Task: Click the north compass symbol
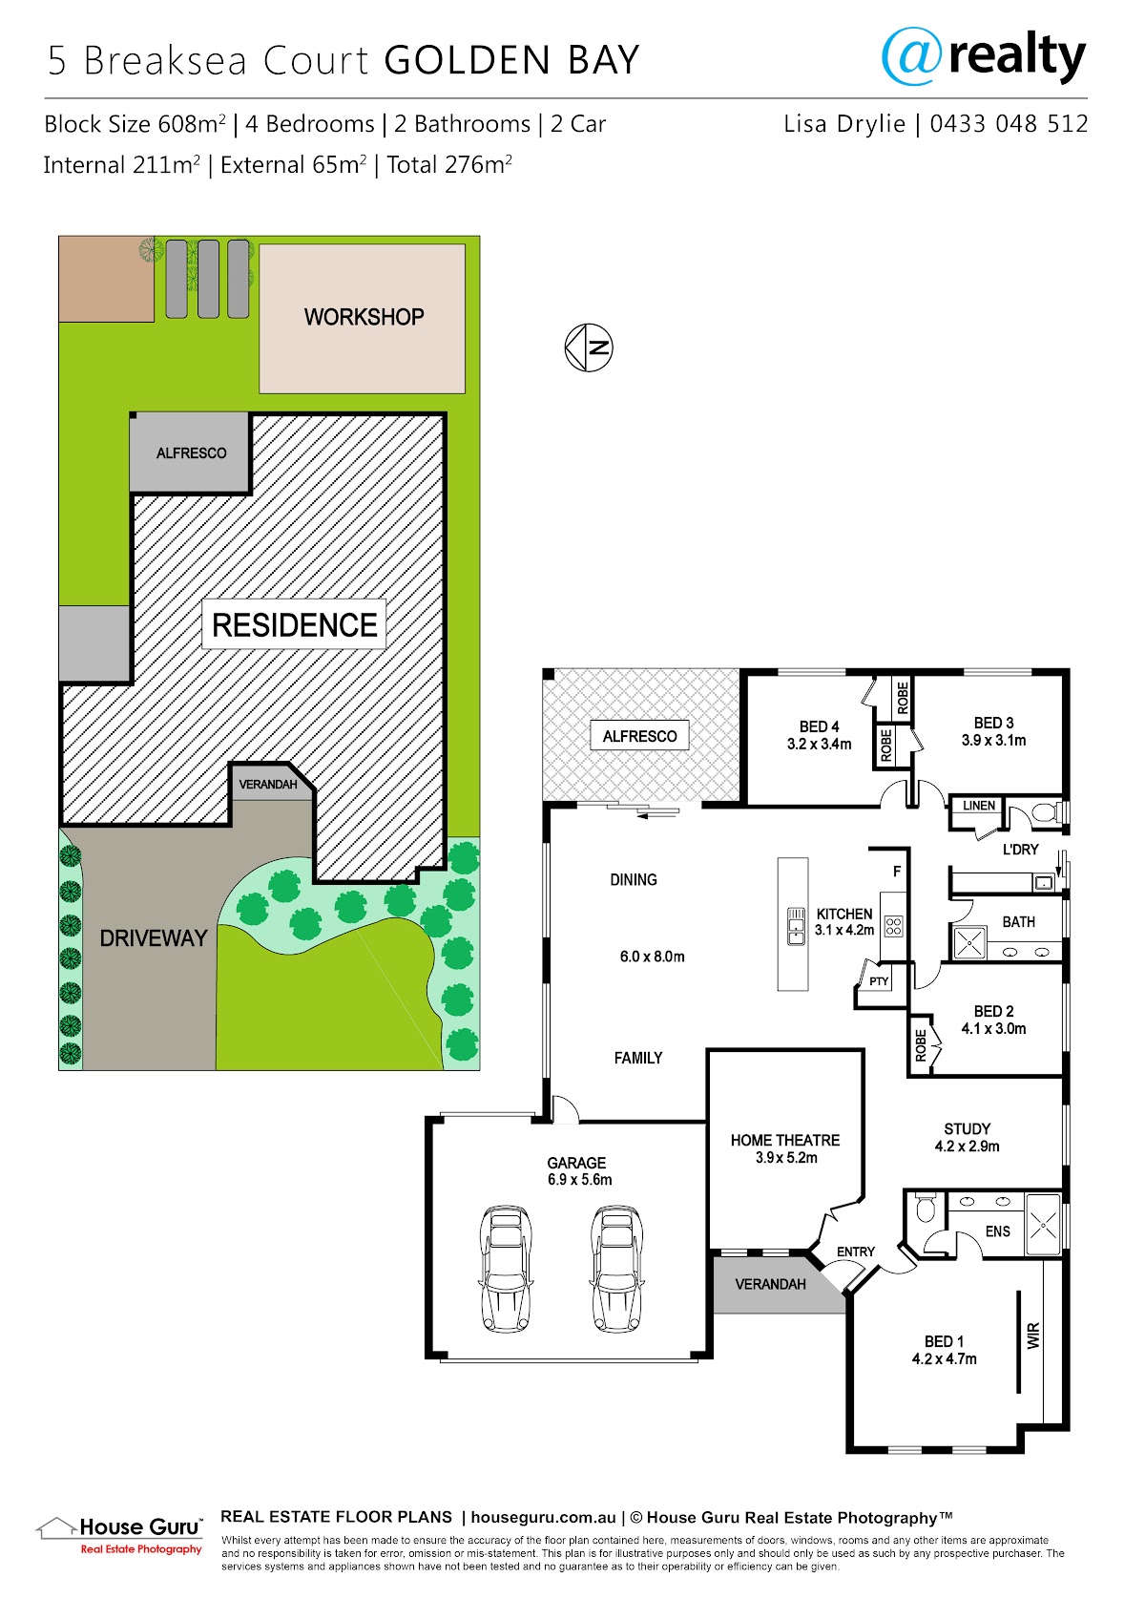(589, 347)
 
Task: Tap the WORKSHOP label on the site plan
(364, 317)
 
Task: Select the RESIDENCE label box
(294, 624)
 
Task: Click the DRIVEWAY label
(154, 938)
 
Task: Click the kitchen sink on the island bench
(795, 926)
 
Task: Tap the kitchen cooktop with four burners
(893, 926)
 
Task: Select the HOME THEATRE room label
(785, 1141)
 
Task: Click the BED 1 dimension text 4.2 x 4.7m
(944, 1359)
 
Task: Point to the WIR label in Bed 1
(1033, 1336)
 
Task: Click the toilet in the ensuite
(926, 1208)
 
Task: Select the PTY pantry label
(879, 981)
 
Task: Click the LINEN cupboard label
(979, 806)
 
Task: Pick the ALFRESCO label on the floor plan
(639, 736)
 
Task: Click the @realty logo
(983, 56)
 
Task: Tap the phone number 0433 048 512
(1009, 124)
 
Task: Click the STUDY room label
(968, 1129)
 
